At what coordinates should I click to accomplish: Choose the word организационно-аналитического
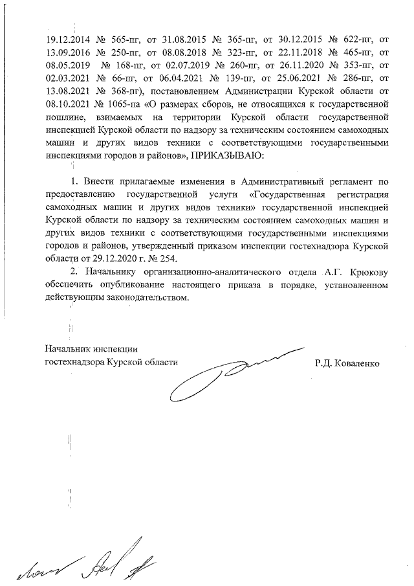point(194,272)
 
